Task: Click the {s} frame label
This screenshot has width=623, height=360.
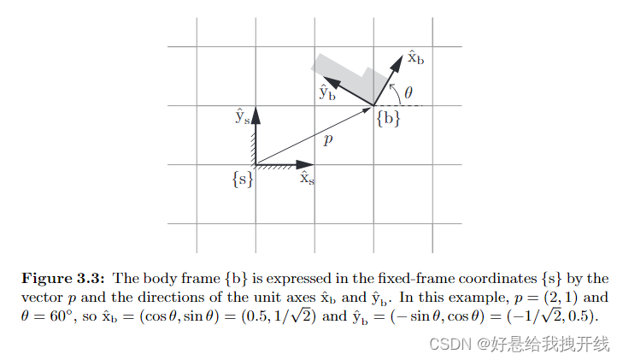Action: click(242, 180)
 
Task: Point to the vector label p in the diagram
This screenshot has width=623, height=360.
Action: click(327, 139)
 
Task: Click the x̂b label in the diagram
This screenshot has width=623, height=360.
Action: click(414, 59)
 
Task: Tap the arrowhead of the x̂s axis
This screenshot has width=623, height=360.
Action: click(309, 163)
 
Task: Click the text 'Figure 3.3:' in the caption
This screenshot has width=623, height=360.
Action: click(63, 278)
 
